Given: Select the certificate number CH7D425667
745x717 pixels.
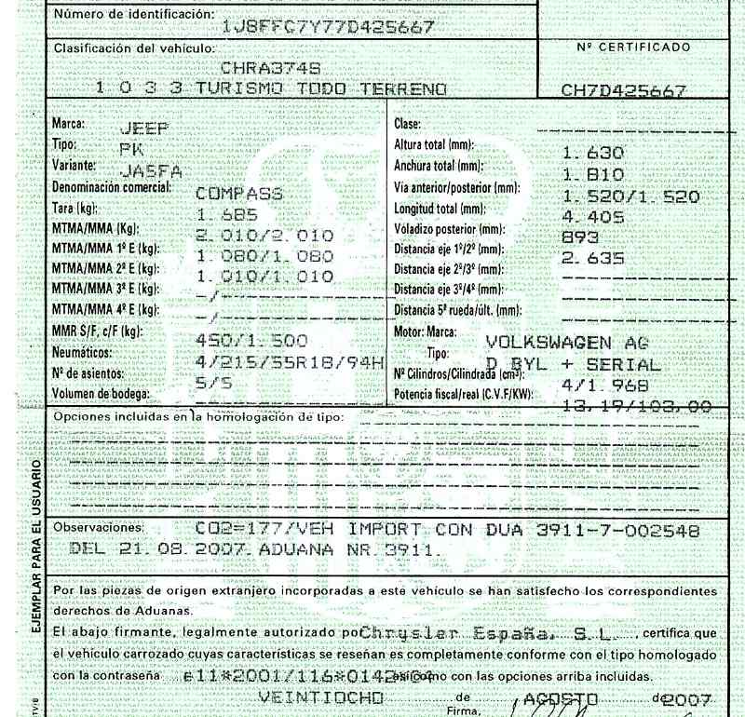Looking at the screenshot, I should coord(624,91).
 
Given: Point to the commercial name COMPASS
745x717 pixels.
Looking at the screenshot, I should coord(239,194).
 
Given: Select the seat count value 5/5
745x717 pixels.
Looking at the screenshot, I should coord(215,380).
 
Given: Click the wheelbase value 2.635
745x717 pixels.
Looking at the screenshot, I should coord(592,259).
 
